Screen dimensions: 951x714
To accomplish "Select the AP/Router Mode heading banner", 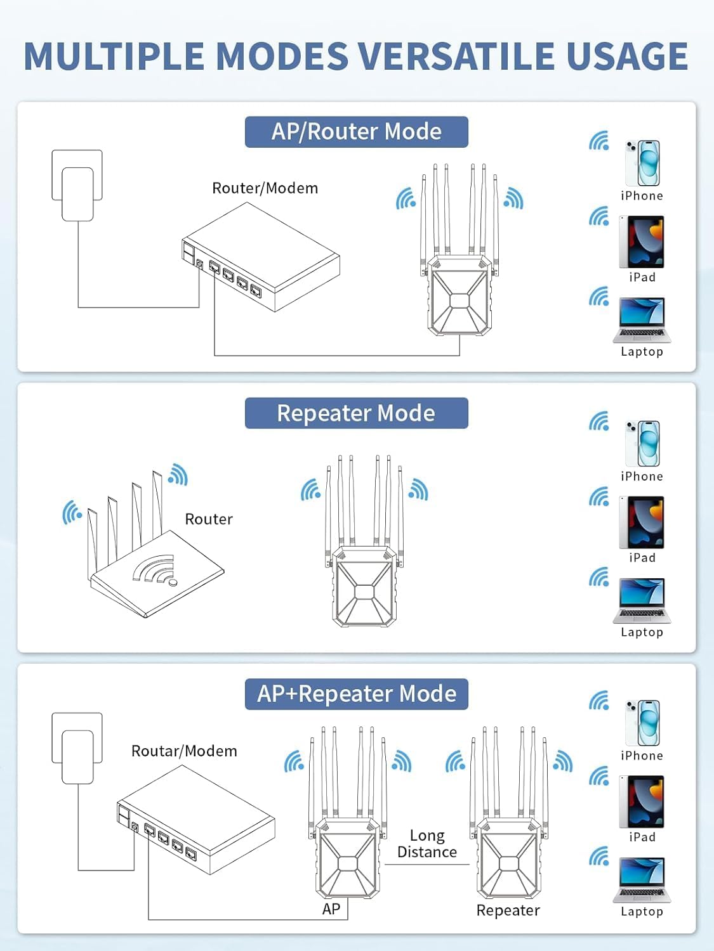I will click(356, 132).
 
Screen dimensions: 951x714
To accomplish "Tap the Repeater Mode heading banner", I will click(356, 413).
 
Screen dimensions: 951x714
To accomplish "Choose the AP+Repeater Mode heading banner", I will click(356, 694).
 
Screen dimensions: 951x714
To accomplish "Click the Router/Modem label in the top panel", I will click(265, 188).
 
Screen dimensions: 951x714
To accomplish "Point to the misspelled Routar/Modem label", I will click(184, 751).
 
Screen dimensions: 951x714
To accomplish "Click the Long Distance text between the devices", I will click(426, 844).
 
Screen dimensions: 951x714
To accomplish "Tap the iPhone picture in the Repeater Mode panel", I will click(642, 443).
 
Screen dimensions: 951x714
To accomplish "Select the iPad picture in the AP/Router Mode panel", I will click(642, 242).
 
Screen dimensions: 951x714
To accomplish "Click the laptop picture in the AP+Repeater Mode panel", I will click(642, 879).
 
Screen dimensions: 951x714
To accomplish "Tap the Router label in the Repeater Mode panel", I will click(209, 519).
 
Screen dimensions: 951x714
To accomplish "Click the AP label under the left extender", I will click(331, 909).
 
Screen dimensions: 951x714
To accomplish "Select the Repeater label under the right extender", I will click(508, 910).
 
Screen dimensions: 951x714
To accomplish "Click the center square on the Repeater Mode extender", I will click(364, 592).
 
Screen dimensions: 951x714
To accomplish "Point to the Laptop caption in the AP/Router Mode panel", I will click(642, 352).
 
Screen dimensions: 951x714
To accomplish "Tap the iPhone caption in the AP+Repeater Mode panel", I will click(642, 756).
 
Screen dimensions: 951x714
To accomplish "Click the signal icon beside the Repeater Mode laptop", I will click(598, 577).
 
